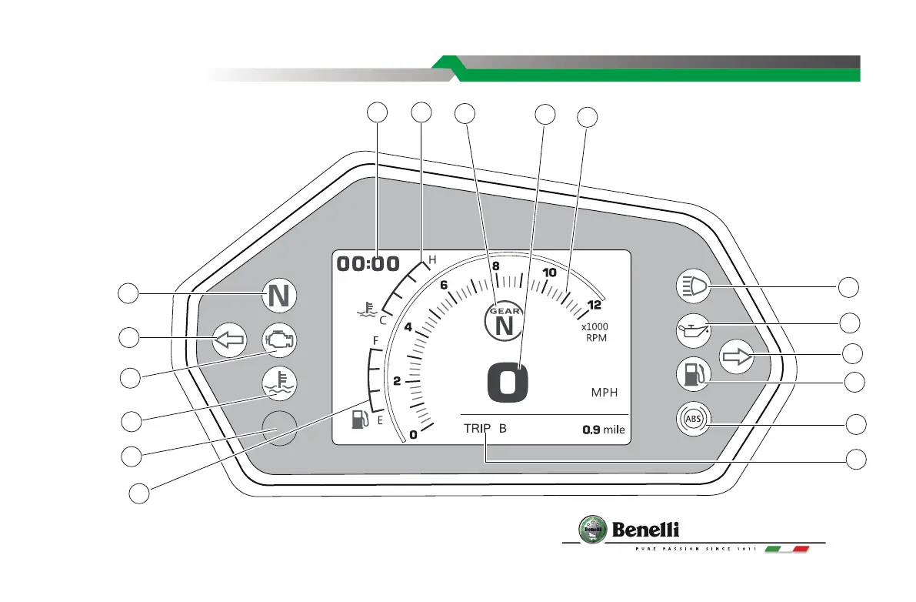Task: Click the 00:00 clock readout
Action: point(368,264)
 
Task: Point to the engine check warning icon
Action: point(279,339)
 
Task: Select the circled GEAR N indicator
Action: point(504,322)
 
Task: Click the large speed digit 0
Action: point(508,383)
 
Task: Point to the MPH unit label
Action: point(605,392)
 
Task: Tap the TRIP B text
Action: point(485,429)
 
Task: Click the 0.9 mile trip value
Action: point(603,430)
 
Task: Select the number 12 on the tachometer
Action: point(594,305)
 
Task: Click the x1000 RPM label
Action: point(595,331)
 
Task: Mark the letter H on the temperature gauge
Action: point(432,260)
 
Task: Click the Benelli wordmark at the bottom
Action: point(645,530)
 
